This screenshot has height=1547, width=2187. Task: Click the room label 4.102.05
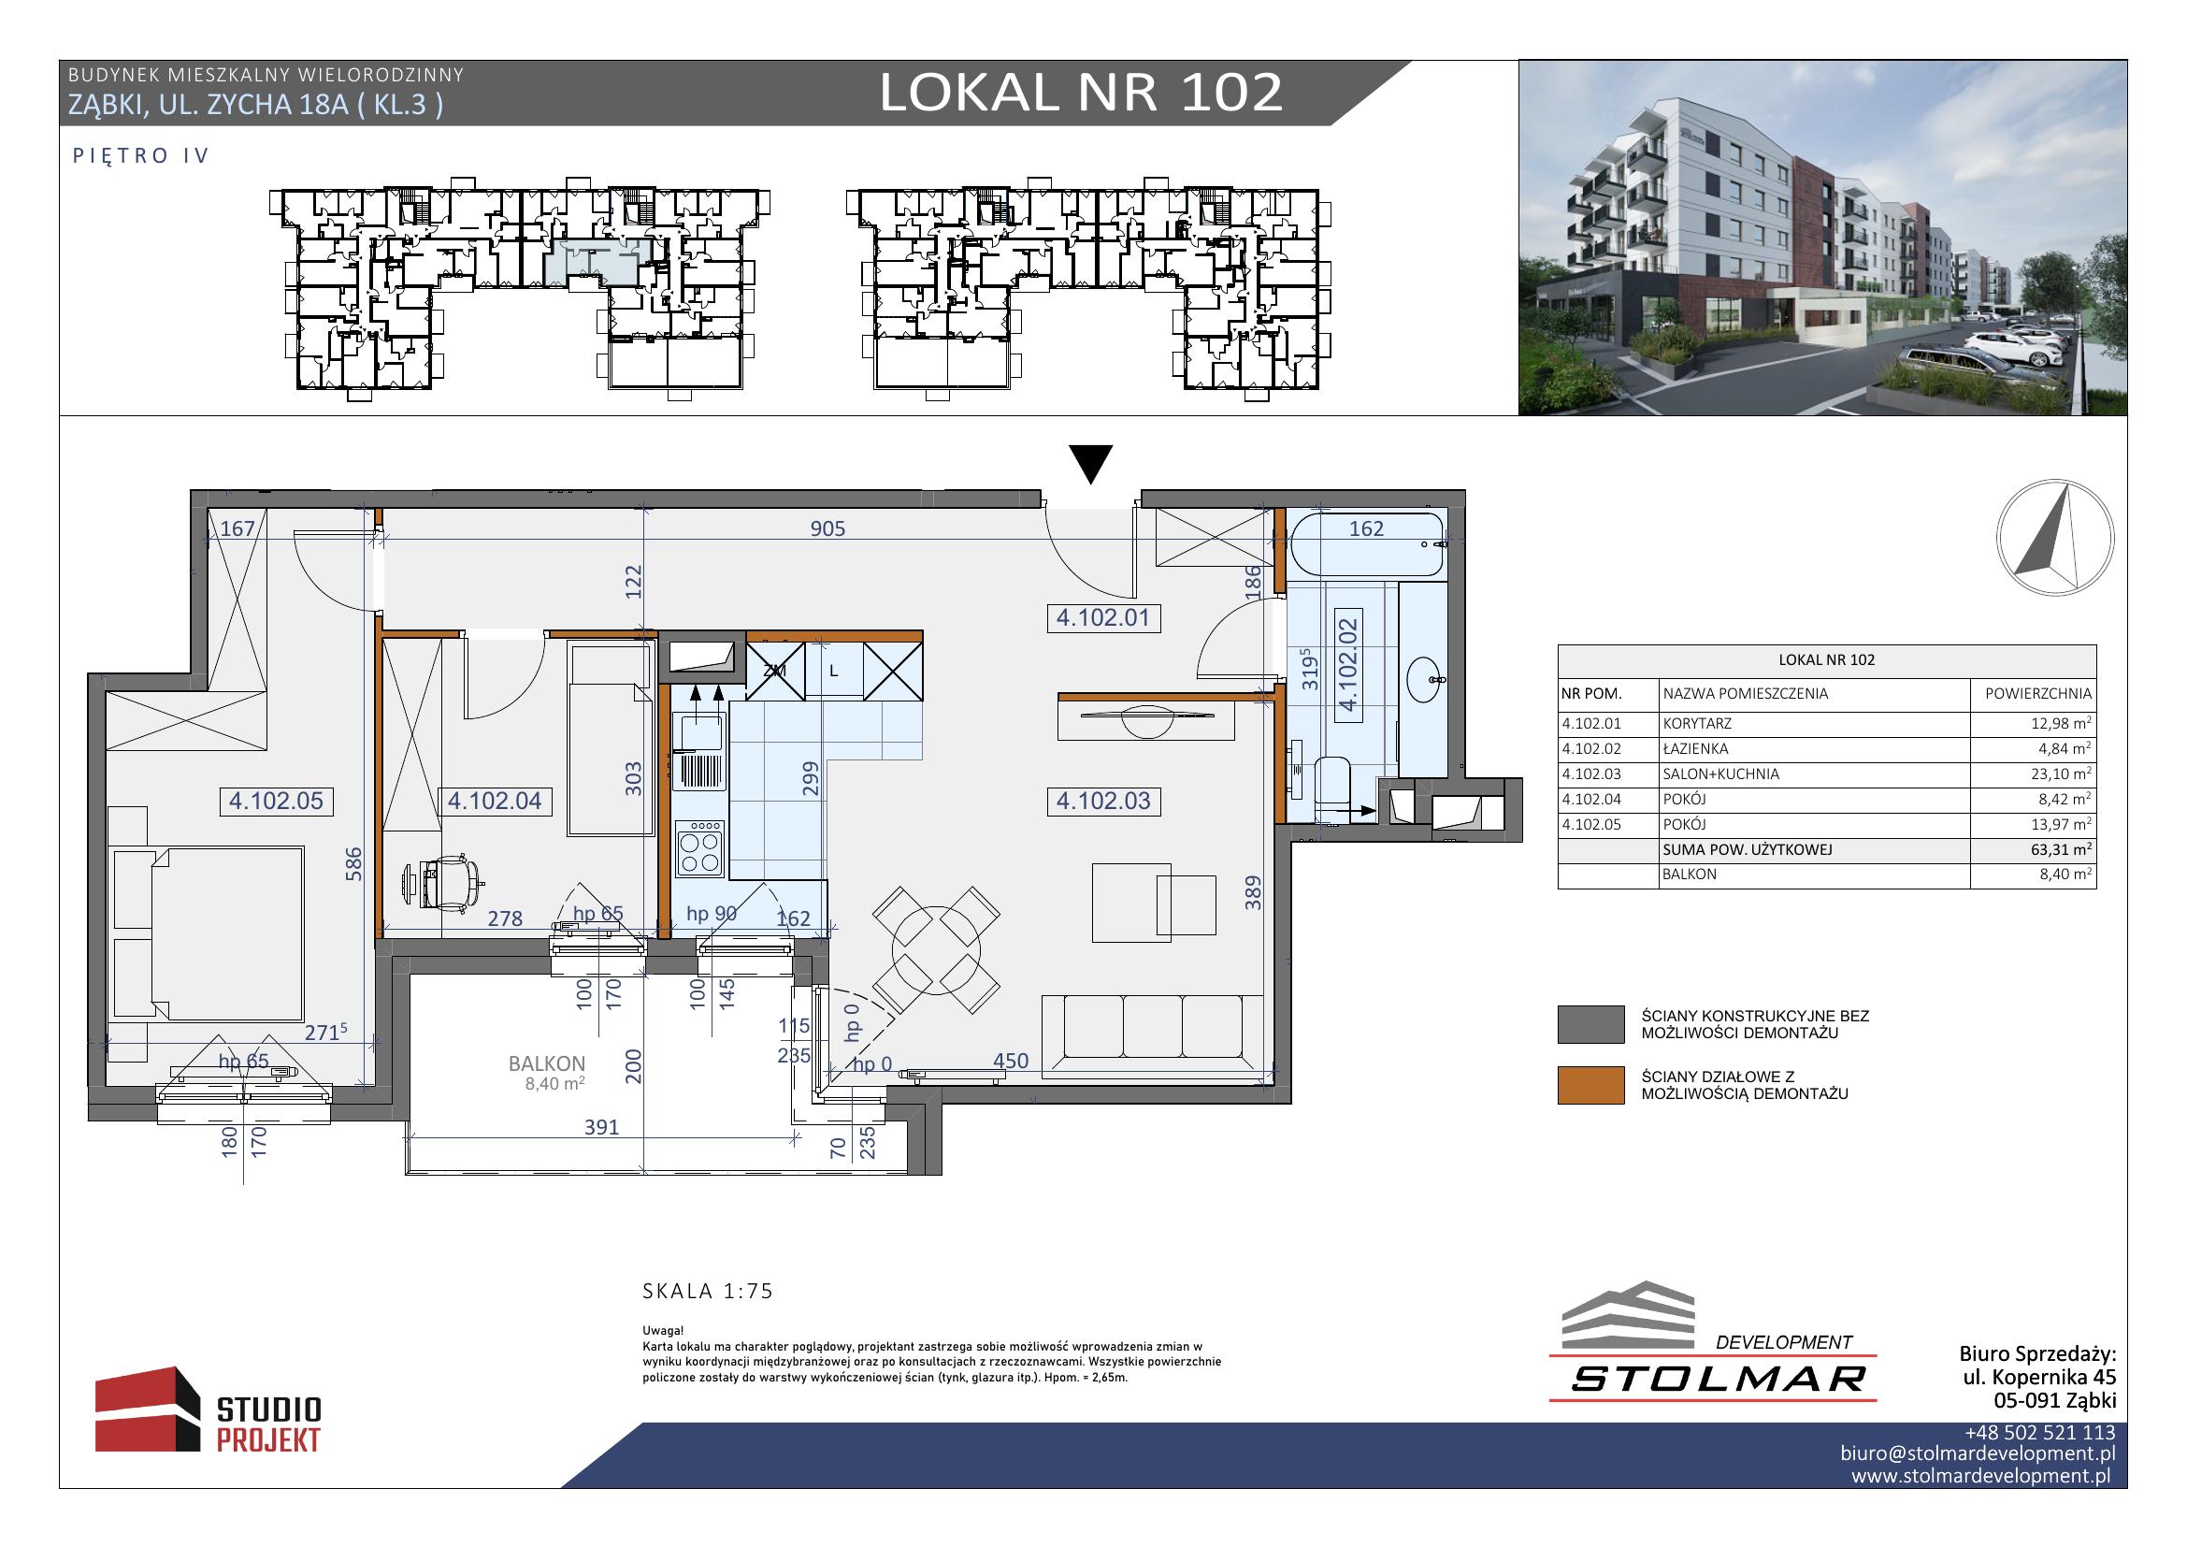(x=276, y=802)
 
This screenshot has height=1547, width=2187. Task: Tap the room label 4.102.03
(x=1103, y=802)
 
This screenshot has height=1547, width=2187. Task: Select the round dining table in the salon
(x=936, y=949)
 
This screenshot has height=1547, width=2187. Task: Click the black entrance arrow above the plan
(x=1091, y=465)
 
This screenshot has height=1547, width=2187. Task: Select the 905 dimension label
(x=827, y=528)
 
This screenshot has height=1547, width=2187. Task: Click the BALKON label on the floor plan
(x=547, y=1064)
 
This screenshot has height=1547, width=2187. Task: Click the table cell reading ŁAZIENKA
(x=1695, y=749)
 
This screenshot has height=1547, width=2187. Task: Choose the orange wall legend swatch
(x=1590, y=1085)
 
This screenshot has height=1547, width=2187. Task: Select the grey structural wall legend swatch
(x=1590, y=1024)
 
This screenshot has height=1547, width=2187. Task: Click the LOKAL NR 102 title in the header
(x=1081, y=94)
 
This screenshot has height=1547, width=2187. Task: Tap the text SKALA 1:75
(x=708, y=1292)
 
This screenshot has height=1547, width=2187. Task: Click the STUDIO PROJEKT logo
(x=209, y=1410)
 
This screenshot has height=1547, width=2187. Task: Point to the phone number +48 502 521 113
(x=2039, y=1433)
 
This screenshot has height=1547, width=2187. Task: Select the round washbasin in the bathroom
(x=1426, y=679)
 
